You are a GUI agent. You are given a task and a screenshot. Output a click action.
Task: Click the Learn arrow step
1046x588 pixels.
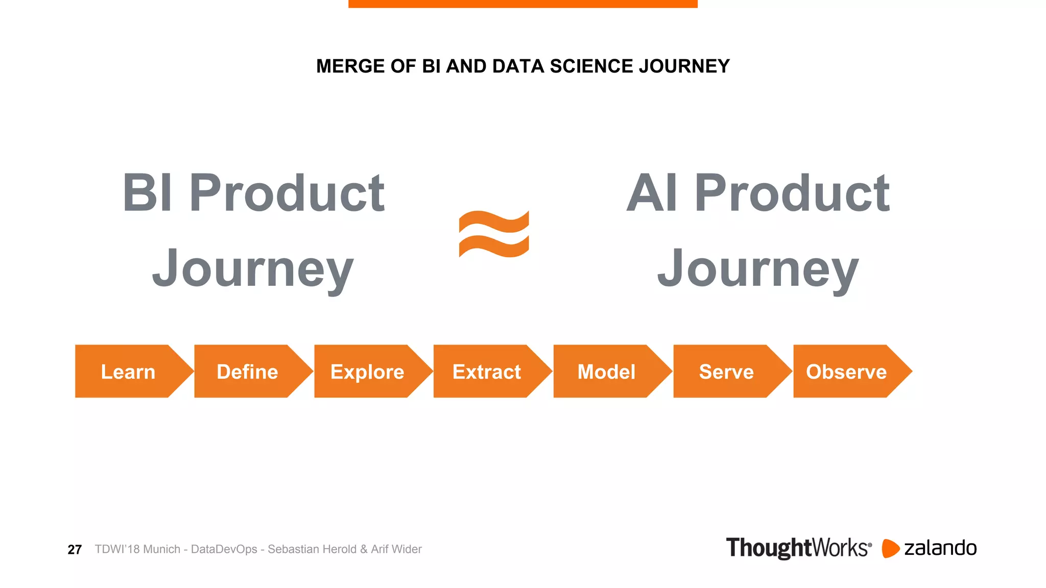128,372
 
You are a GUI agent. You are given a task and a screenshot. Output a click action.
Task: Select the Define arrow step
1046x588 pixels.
248,372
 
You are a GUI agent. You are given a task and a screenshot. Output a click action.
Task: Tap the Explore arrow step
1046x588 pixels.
367,372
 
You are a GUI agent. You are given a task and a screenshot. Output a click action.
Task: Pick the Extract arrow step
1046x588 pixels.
487,372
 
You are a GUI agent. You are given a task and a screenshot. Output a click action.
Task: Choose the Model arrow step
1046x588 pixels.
607,372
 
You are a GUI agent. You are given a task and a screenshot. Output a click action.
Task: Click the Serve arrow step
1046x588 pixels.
726,372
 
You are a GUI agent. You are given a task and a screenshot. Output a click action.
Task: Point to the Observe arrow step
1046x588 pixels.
846,372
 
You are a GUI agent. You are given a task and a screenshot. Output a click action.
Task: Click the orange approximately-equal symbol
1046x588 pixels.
494,234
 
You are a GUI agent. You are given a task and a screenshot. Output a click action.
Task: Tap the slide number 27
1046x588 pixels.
75,550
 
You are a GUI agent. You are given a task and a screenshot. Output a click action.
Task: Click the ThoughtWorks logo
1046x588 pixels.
798,548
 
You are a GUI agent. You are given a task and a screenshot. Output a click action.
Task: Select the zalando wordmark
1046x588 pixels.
940,548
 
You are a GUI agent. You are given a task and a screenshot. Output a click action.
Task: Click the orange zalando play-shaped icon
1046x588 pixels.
890,548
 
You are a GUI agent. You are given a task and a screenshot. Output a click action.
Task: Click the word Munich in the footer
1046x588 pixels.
162,549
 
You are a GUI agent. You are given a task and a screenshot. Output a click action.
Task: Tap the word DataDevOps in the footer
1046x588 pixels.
224,549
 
